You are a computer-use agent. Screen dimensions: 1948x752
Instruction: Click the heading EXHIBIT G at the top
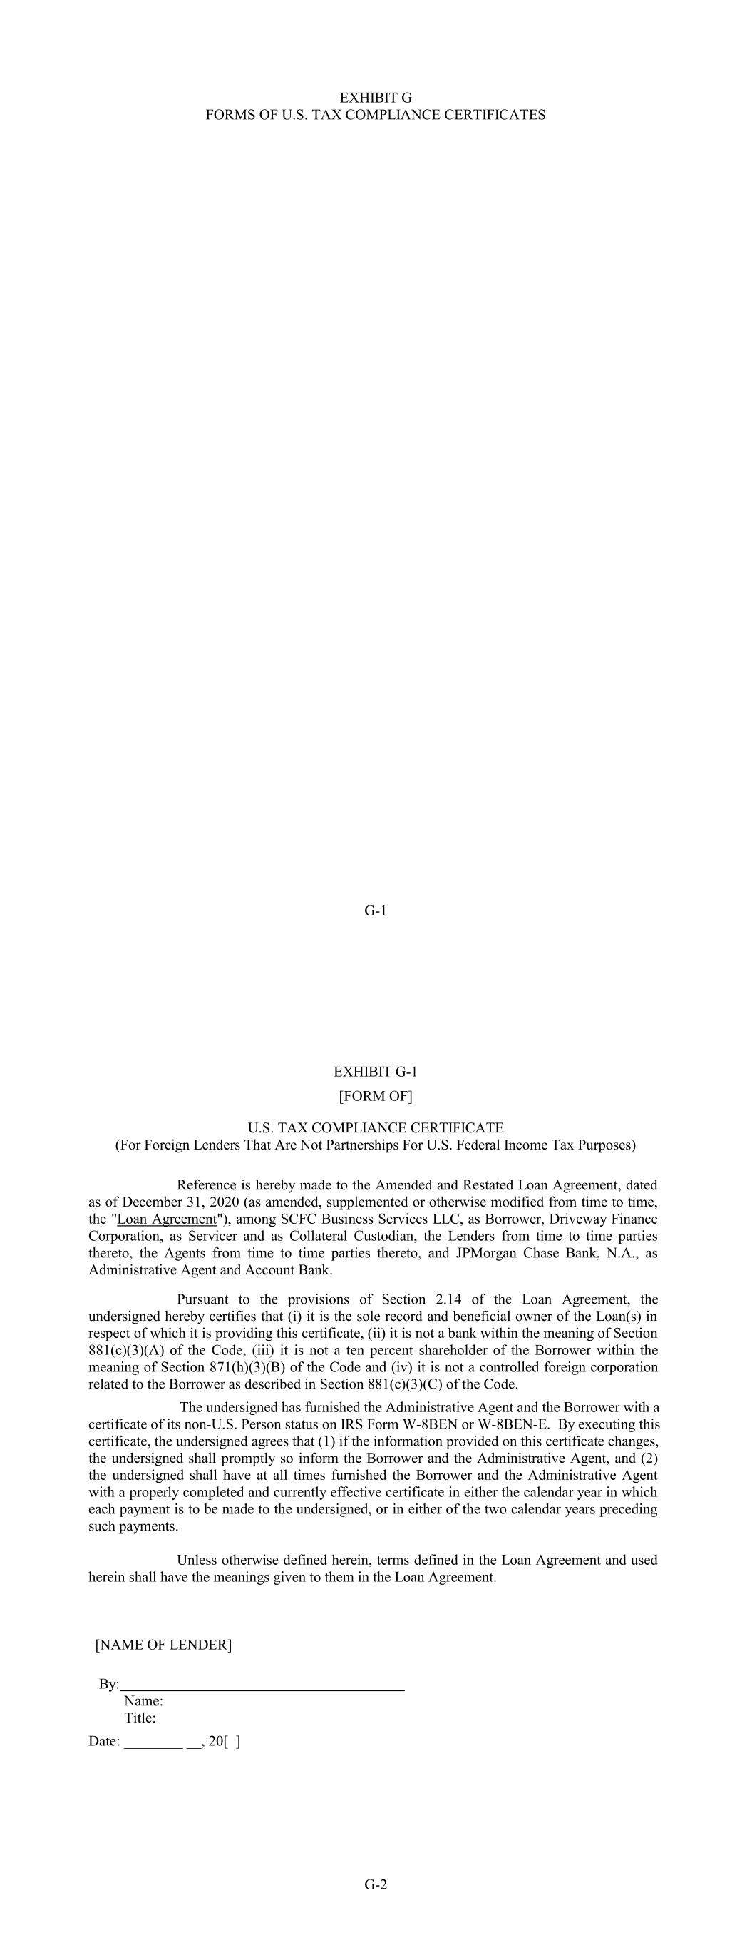point(376,98)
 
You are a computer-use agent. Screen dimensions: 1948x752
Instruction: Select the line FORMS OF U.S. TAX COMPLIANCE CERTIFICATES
point(376,115)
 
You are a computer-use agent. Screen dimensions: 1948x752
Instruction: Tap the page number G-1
point(376,910)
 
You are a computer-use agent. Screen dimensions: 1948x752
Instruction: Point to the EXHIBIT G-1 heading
point(376,1072)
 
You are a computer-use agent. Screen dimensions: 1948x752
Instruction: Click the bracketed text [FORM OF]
point(376,1096)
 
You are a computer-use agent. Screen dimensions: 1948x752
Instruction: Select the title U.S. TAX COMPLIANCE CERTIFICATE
point(376,1127)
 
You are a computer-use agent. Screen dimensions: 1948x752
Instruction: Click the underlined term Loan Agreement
point(167,1219)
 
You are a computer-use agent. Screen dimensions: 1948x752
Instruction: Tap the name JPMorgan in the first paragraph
point(487,1253)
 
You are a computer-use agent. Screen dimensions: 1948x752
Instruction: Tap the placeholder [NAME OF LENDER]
point(163,1645)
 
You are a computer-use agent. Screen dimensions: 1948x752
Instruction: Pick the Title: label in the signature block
point(140,1718)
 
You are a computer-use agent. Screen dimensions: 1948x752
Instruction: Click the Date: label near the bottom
point(104,1741)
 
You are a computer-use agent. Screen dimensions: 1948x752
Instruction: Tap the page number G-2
point(376,1884)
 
